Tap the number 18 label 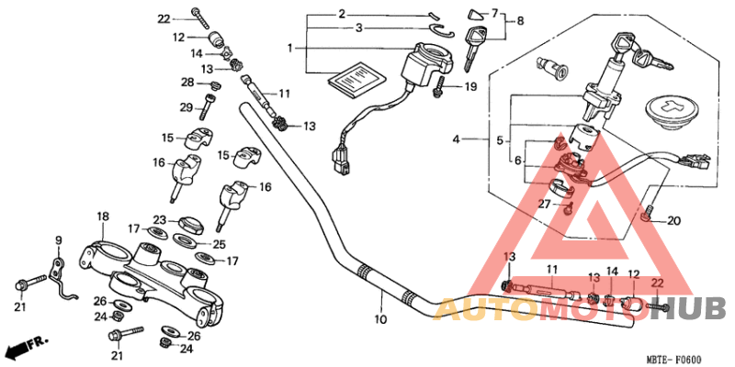tap(103, 217)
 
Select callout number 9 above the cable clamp tap(58, 241)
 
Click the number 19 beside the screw tap(469, 87)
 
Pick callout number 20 tap(673, 220)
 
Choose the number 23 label tap(159, 220)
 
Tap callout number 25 tap(219, 244)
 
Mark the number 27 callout tap(544, 205)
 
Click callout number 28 tap(187, 83)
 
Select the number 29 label tap(187, 107)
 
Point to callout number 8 tap(521, 20)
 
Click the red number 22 tap(656, 284)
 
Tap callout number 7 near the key tap(493, 13)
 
